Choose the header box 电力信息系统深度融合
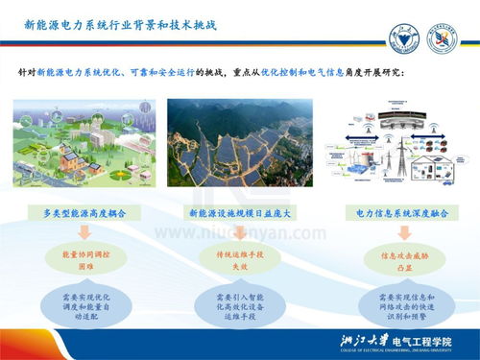click(x=394, y=211)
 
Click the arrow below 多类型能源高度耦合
click(x=85, y=232)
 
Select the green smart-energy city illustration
click(x=85, y=143)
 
